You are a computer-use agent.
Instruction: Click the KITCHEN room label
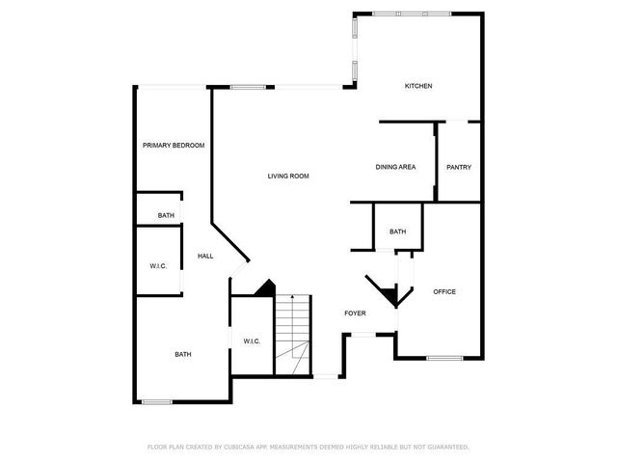[x=417, y=86]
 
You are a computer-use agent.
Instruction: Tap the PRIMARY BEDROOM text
[x=174, y=145]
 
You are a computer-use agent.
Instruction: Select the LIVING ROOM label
[x=287, y=176]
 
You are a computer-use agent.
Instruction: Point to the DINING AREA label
[x=395, y=167]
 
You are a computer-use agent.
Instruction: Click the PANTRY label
[x=459, y=167]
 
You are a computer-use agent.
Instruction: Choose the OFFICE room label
[x=444, y=291]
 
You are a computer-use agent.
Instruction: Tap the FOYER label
[x=356, y=313]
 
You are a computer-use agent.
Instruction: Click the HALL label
[x=205, y=256]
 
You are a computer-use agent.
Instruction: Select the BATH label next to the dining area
[x=397, y=231]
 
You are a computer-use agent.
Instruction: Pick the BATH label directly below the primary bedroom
[x=166, y=215]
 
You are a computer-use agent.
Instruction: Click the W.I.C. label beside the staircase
[x=251, y=340]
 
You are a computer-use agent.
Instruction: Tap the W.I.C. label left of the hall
[x=158, y=265]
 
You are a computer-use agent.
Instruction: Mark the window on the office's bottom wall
[x=444, y=358]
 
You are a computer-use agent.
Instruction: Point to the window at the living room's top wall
[x=248, y=87]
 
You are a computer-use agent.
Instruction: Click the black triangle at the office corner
[x=387, y=294]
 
